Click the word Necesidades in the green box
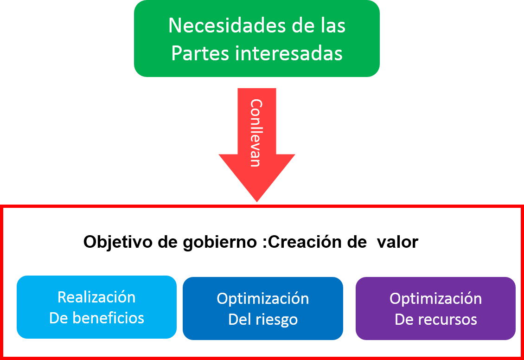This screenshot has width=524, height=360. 218,26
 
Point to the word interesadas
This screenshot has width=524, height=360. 289,53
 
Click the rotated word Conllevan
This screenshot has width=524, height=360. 256,133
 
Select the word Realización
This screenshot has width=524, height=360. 96,297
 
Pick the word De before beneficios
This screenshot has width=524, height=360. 59,318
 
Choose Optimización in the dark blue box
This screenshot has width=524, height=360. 263,298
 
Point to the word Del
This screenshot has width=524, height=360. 240,320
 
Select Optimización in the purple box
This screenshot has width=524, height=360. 435,298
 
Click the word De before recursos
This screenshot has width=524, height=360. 405,320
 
